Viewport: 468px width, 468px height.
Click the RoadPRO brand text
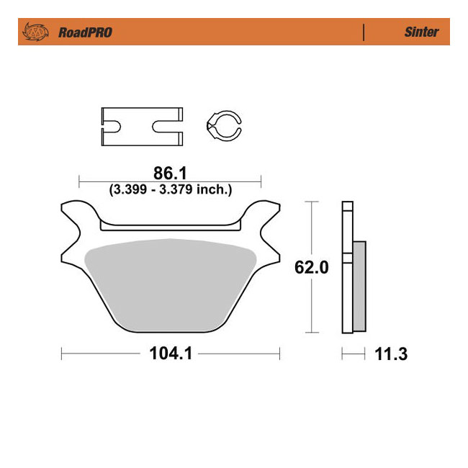coord(85,32)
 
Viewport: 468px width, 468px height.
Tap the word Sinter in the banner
coord(421,32)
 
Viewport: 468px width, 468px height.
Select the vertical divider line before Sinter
coord(364,32)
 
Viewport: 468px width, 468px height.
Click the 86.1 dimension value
coord(170,174)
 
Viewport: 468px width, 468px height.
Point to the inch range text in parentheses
coord(170,190)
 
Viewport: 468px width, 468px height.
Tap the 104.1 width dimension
coord(170,354)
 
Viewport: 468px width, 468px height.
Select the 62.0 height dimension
coord(311,268)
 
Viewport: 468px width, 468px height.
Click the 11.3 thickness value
coord(389,354)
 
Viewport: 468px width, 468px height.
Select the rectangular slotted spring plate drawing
coord(142,126)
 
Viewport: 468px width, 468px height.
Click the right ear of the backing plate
coord(265,216)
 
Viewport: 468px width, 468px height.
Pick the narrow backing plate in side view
coord(347,266)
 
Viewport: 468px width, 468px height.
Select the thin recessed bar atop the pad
coord(170,228)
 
